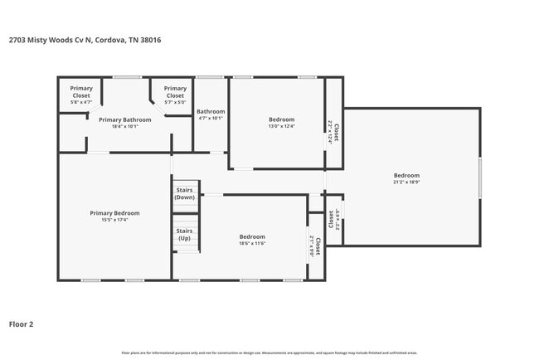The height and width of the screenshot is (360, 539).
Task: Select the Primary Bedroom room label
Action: point(109,212)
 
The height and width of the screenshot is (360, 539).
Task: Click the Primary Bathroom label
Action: point(124,119)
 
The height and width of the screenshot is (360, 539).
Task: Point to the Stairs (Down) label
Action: point(185,194)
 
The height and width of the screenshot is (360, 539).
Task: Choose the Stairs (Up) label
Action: point(185,235)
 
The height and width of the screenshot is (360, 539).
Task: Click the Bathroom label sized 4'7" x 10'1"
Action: point(211,111)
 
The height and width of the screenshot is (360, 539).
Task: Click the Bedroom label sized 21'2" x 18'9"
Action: point(406,175)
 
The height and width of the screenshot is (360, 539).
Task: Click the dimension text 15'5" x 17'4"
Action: point(109,220)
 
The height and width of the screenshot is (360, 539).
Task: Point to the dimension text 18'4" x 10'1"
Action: point(124,127)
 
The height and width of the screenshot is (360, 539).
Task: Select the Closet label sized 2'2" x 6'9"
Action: point(335,220)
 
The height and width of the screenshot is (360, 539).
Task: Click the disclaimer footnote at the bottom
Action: point(269,353)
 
